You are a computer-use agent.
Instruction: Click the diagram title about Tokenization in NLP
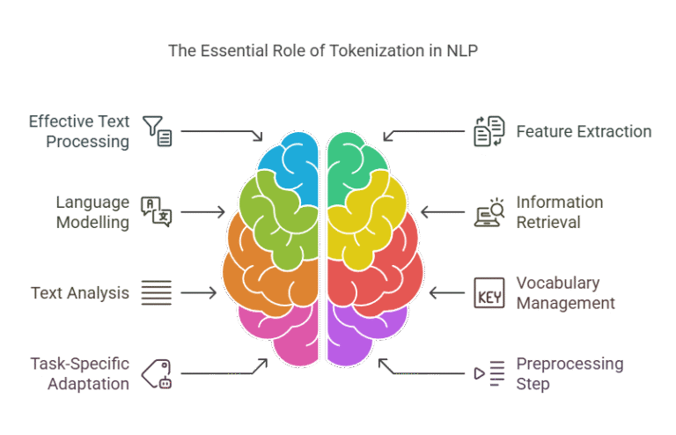(322, 50)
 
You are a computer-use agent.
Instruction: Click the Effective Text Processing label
(78, 130)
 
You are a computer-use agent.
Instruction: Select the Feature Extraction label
(584, 132)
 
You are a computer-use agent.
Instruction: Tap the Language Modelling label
(92, 212)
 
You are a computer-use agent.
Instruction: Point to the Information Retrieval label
(559, 212)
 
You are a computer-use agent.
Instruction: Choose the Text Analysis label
(80, 292)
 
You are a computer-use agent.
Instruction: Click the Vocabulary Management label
(564, 293)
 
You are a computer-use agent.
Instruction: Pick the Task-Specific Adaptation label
(80, 373)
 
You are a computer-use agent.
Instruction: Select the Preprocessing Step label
(569, 373)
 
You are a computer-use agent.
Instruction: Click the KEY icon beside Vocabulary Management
(489, 293)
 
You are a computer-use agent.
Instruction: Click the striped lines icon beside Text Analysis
(157, 292)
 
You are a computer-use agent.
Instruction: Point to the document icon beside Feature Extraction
(488, 131)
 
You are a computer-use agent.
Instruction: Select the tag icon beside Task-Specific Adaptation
(156, 372)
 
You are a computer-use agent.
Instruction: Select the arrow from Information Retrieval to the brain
(442, 211)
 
